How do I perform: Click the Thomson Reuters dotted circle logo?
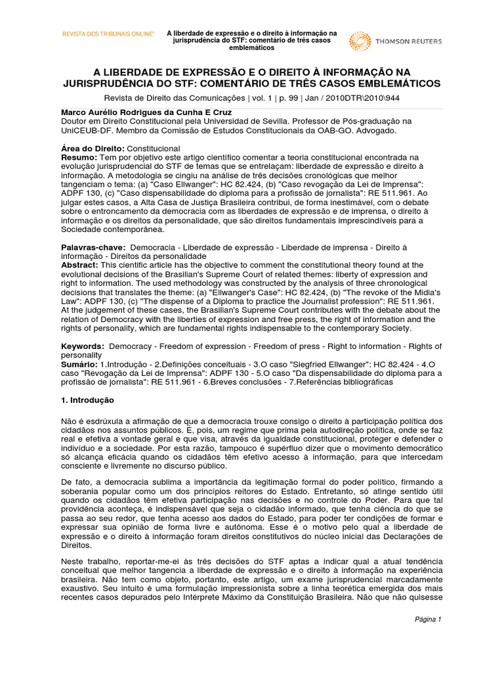pos(359,41)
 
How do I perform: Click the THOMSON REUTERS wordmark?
pos(408,41)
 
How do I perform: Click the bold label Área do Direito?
pos(91,150)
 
